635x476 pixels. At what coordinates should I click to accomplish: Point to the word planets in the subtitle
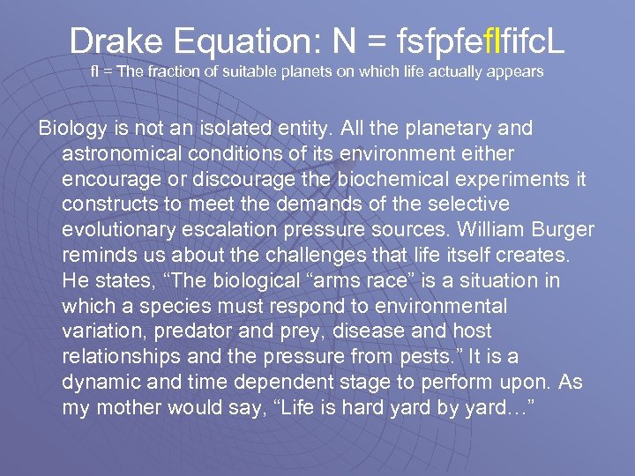302,71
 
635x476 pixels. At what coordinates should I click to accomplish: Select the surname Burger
564,230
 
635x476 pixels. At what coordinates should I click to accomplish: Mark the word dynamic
99,383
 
